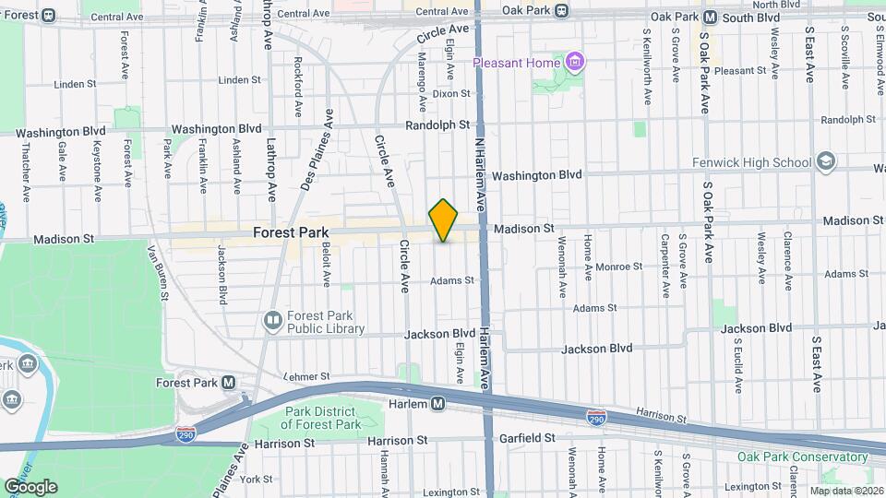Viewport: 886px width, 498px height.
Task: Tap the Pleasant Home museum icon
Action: (577, 63)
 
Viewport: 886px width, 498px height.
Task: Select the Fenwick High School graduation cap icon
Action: (826, 162)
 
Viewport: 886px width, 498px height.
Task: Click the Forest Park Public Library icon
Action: (272, 321)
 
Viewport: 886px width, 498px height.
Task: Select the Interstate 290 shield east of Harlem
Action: (596, 419)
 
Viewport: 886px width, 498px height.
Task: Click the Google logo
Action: (30, 487)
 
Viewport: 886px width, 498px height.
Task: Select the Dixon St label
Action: (451, 93)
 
